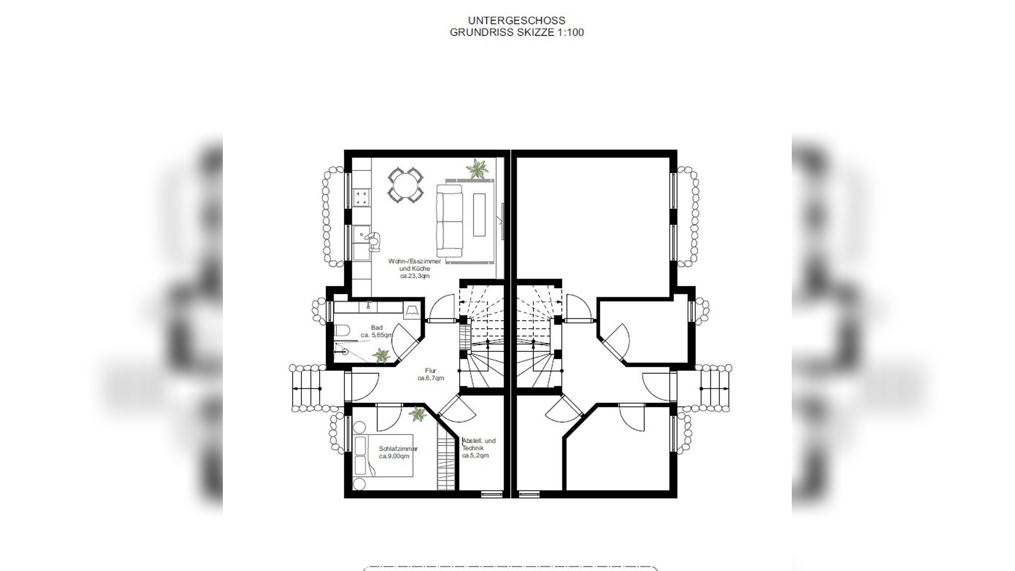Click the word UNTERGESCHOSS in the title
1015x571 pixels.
pos(517,20)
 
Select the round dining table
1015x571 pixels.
pos(406,184)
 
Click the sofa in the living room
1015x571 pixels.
pos(450,221)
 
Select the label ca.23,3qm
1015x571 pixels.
pos(415,276)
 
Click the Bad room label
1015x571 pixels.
pos(377,328)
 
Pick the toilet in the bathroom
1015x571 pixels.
pos(342,330)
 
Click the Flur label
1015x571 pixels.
pos(431,371)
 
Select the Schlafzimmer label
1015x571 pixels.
pos(398,449)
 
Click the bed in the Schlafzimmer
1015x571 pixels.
pos(383,455)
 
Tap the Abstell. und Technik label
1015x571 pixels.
pos(479,444)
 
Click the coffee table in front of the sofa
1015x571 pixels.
pos(479,215)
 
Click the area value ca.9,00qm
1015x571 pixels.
pos(394,456)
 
